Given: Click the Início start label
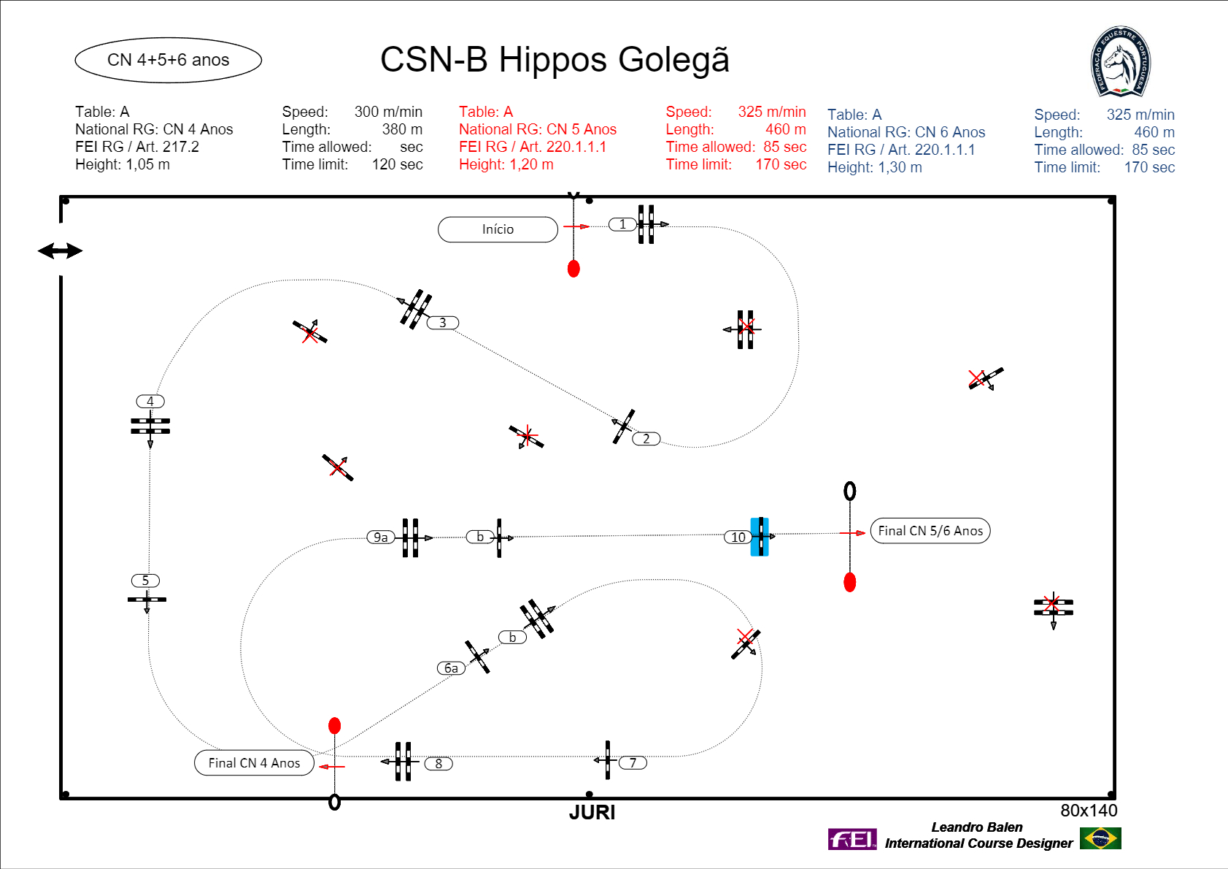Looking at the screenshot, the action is coord(498,229).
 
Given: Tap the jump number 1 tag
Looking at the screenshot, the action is coord(622,224).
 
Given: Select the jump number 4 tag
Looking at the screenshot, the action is coord(150,402).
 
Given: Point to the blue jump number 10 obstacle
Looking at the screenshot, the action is coord(760,537).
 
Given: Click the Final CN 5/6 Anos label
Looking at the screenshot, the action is coord(930,531).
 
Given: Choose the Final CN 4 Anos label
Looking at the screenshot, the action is coord(255,762).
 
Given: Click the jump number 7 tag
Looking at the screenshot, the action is coord(633,762).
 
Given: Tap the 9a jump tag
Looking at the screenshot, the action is coord(381,537).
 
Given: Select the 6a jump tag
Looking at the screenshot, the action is coord(451,668).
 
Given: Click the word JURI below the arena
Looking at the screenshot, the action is coord(592,813).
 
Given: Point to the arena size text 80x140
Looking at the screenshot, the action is coord(1089,811).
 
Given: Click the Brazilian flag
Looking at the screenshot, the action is coord(1100,838).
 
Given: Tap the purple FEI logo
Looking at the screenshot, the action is coord(852,839).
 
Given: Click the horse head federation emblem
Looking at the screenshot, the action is coord(1121,61).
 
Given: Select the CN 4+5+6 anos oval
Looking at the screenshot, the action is coord(169,61).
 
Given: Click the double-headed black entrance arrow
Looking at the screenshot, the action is coord(61,251).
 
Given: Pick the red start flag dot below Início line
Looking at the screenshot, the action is coord(574,269).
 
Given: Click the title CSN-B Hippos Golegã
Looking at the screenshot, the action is coord(555,59).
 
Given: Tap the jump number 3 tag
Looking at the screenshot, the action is coord(443,323).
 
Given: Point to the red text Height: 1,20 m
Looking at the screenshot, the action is coord(506,164).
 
